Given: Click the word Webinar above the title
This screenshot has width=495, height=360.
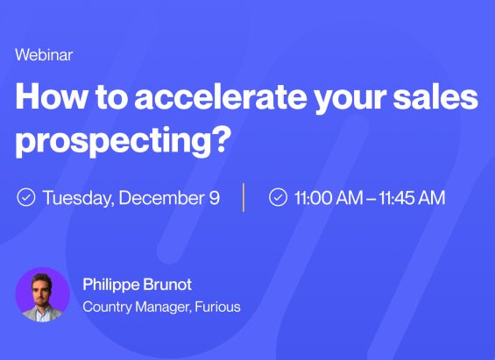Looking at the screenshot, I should pos(44,54).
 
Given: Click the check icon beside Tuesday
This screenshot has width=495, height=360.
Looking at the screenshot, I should pos(26,197).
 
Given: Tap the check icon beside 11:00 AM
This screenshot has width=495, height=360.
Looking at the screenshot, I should pos(278,197).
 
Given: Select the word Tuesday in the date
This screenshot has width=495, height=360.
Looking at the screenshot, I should pos(78,197).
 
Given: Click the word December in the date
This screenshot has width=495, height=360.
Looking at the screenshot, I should pos(162,197).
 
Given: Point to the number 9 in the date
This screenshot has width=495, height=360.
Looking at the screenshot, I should pos(214,197).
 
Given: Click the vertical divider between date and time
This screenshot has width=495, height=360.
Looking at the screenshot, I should pos(244,197).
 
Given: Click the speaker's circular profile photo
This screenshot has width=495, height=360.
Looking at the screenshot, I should pos(42,294).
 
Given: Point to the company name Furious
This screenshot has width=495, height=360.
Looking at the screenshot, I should pos(218,307).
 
